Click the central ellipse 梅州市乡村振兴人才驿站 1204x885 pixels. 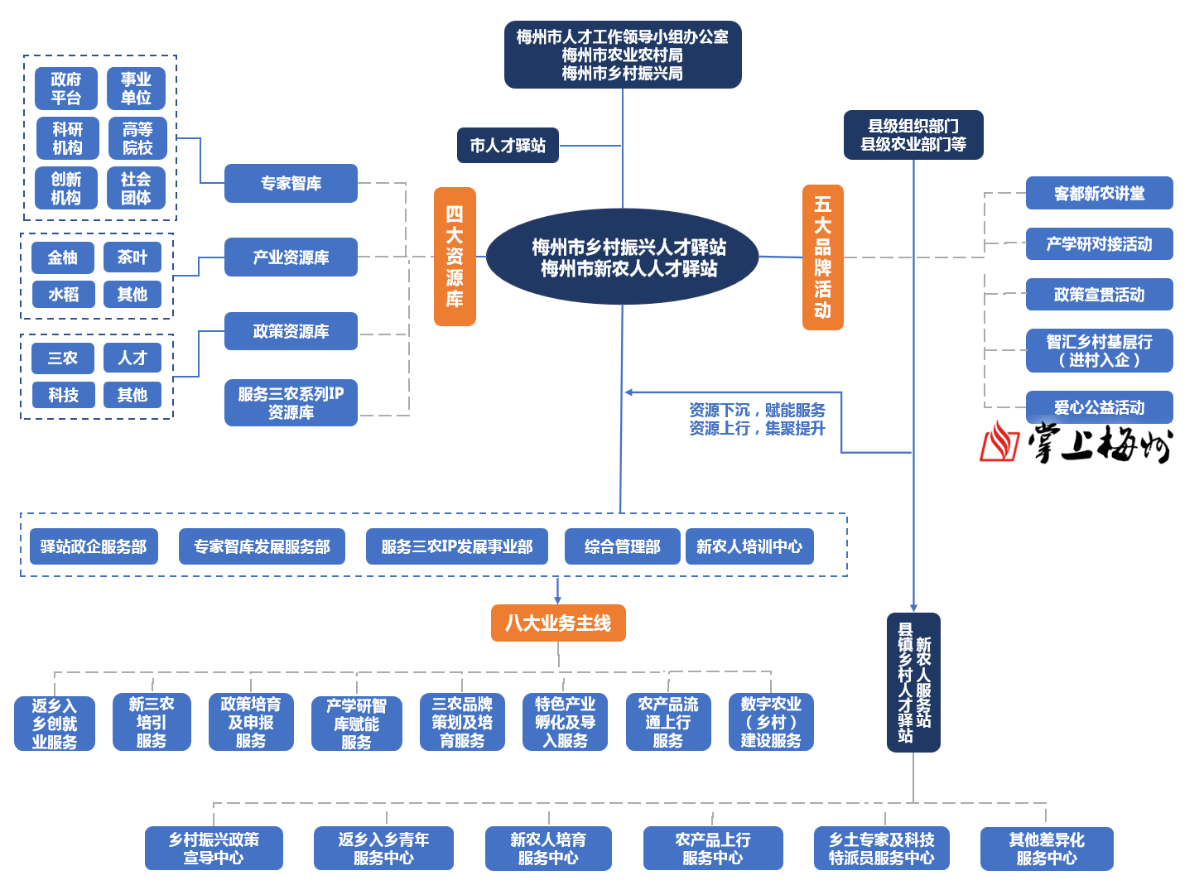(623, 257)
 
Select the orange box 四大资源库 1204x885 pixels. (455, 257)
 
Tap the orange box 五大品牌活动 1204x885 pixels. (822, 257)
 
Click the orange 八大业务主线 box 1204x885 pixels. (558, 623)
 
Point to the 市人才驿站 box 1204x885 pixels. (508, 146)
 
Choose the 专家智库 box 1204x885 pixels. (291, 183)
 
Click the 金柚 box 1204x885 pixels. (63, 257)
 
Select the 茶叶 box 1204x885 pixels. (132, 257)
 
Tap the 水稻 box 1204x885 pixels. (63, 294)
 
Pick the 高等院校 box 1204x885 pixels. (137, 138)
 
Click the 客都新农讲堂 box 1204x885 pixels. (1099, 193)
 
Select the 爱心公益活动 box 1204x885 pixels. (1099, 407)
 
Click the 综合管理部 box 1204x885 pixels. (622, 546)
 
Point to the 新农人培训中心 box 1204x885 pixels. (749, 546)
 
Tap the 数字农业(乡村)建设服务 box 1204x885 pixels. (771, 722)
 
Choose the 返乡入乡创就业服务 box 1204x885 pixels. (55, 724)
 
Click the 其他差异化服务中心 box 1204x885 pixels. (1047, 849)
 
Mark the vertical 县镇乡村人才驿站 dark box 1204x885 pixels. (913, 682)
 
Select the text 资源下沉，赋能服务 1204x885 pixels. (757, 410)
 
